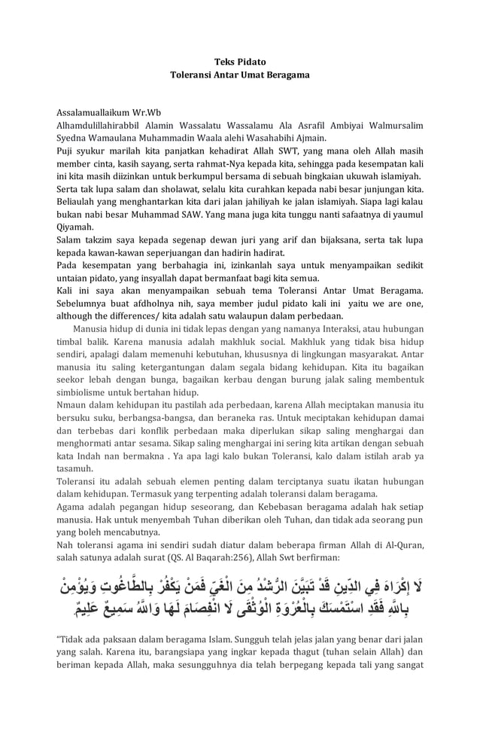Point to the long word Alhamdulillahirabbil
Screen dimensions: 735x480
(x=102, y=125)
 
